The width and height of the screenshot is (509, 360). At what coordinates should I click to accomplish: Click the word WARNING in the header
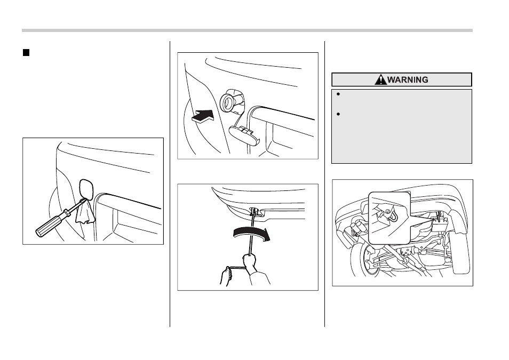[x=408, y=79]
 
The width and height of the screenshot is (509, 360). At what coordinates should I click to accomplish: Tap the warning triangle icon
[x=380, y=79]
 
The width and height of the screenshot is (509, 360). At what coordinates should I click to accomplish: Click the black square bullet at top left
[x=26, y=53]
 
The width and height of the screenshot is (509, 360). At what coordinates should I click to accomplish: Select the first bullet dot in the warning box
[x=338, y=94]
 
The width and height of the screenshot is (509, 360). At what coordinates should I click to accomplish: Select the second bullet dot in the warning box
[x=338, y=114]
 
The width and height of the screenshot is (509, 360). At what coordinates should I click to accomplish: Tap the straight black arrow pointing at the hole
[x=203, y=116]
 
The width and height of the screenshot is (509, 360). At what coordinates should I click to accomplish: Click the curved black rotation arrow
[x=251, y=233]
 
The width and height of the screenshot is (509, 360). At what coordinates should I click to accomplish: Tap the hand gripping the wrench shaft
[x=249, y=262]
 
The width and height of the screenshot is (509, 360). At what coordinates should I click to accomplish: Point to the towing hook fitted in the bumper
[x=255, y=211]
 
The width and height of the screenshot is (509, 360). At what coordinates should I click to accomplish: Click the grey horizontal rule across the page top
[x=247, y=30]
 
